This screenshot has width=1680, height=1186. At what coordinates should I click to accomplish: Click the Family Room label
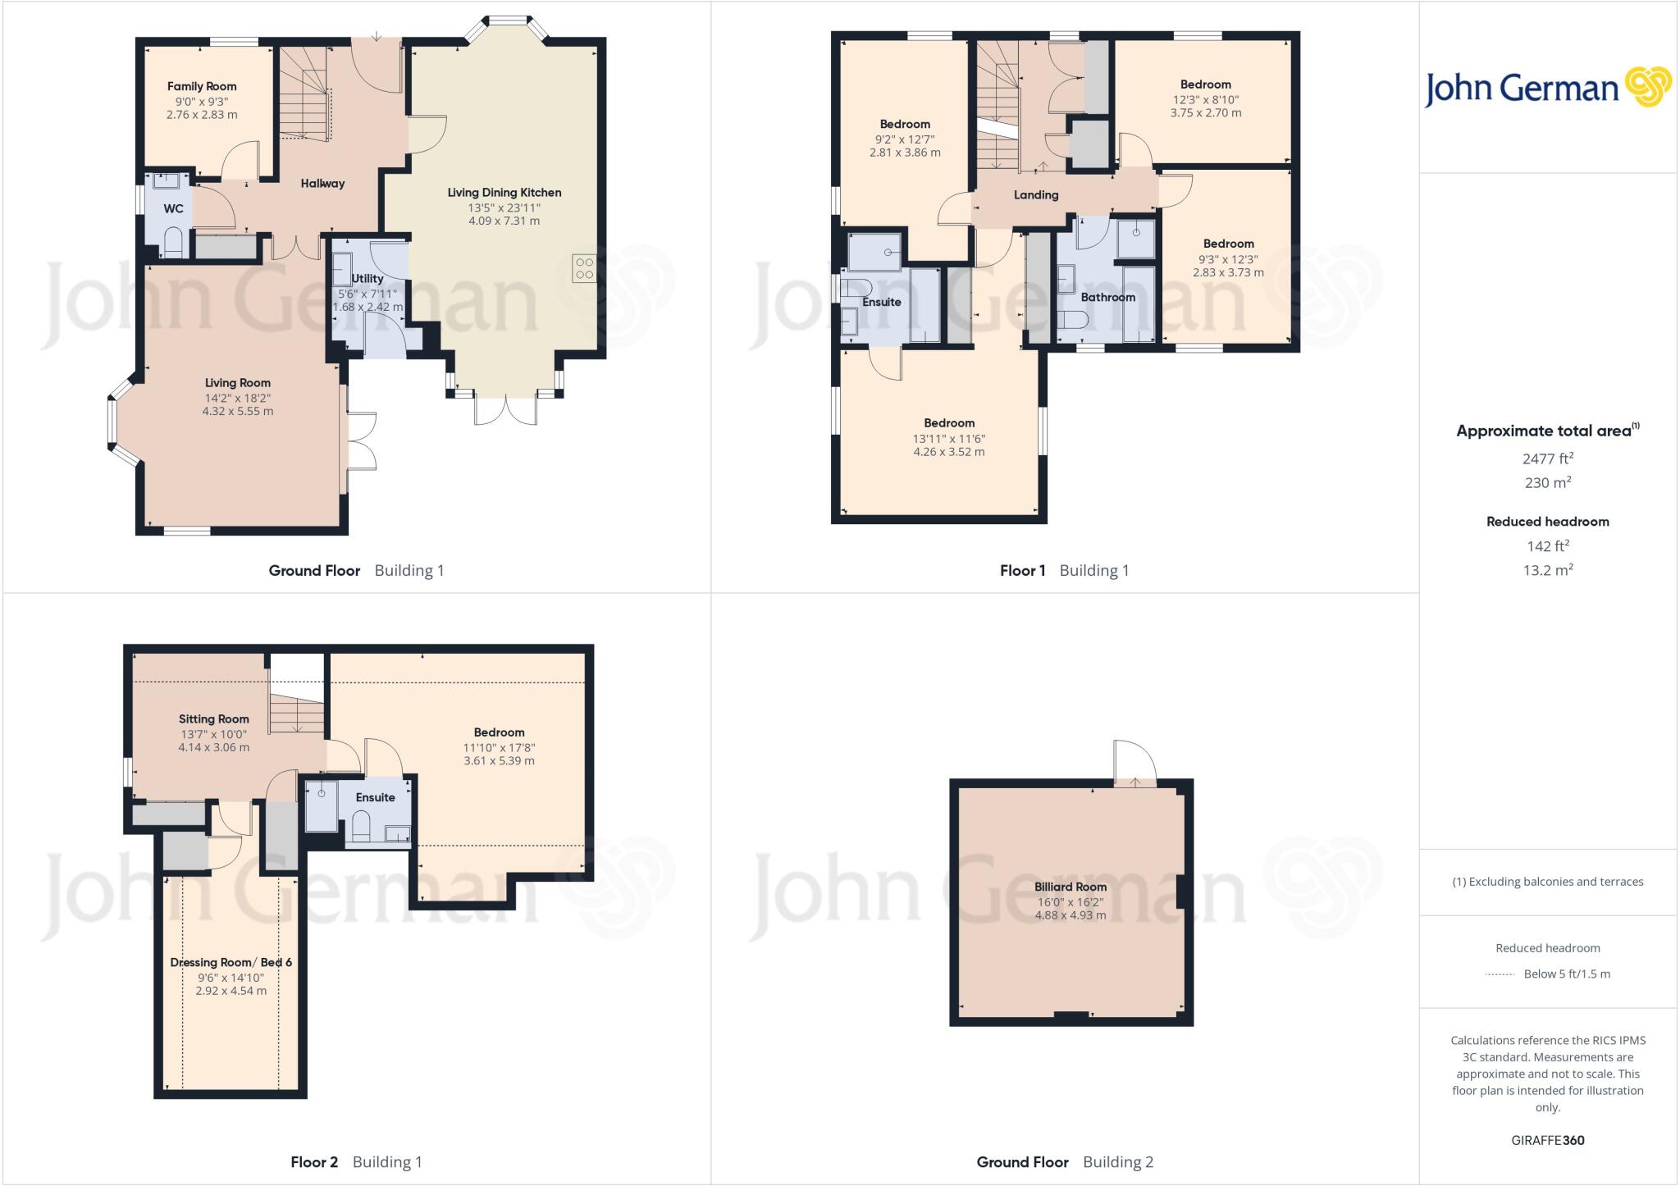202,86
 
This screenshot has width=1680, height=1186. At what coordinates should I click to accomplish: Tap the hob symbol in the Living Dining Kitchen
584,268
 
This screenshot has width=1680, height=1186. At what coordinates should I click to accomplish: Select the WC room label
173,208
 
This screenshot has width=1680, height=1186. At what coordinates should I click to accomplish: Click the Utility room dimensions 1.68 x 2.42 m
367,307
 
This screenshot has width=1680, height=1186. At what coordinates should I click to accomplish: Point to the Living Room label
237,382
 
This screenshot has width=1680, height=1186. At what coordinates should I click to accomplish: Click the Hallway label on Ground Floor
322,183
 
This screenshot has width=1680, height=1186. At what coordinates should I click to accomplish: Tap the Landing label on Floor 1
1036,194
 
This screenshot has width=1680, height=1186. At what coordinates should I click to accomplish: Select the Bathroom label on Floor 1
1107,297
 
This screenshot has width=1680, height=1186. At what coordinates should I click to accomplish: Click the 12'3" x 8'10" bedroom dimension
1205,99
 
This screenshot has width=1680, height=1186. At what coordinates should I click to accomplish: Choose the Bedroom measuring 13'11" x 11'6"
949,423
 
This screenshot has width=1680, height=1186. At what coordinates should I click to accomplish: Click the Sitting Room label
213,718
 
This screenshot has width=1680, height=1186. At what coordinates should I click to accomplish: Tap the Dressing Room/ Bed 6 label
231,962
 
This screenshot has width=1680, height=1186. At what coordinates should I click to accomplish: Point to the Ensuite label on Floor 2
375,797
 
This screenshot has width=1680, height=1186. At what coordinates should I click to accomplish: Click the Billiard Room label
1070,887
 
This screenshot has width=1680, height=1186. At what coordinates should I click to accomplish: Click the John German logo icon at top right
1647,87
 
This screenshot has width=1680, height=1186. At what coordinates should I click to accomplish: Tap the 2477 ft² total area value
1547,458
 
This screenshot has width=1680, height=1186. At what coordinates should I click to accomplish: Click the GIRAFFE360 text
1547,1140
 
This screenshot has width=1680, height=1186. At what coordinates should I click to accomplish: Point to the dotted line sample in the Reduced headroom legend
1500,974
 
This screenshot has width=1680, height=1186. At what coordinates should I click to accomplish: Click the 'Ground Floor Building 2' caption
1064,1161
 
